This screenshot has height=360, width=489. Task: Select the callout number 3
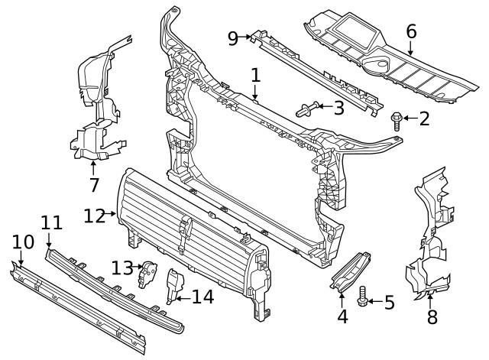338,108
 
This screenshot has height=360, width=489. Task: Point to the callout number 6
411,31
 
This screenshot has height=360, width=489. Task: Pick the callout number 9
234,36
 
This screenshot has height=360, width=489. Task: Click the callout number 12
93,216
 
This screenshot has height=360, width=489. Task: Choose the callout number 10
23,242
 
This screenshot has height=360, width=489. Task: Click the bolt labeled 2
398,118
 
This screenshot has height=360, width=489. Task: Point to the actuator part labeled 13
147,273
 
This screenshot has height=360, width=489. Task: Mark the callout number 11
51,222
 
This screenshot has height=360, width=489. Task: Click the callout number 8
432,317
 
